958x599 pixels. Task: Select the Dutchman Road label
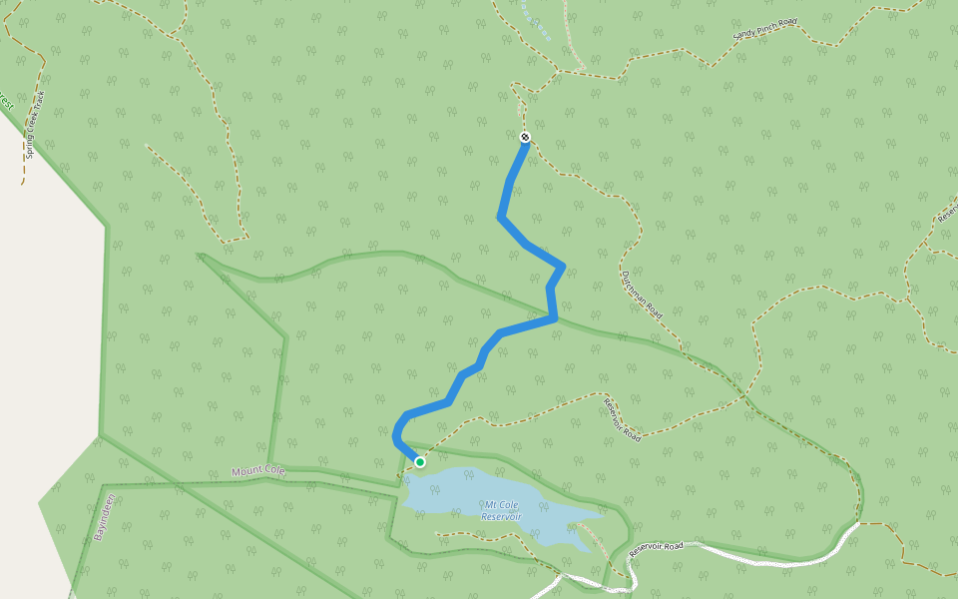point(641,296)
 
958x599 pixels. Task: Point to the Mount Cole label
point(258,470)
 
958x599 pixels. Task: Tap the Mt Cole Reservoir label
point(501,511)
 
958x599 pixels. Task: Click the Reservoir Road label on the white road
point(657,548)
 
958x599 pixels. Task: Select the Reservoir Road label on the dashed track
point(621,420)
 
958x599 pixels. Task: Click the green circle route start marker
point(420,461)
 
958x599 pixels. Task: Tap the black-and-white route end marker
point(525,137)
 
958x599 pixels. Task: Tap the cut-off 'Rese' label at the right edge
point(948,211)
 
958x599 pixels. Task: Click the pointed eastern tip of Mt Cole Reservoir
point(601,516)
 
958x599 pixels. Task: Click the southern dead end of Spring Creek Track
point(23,184)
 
